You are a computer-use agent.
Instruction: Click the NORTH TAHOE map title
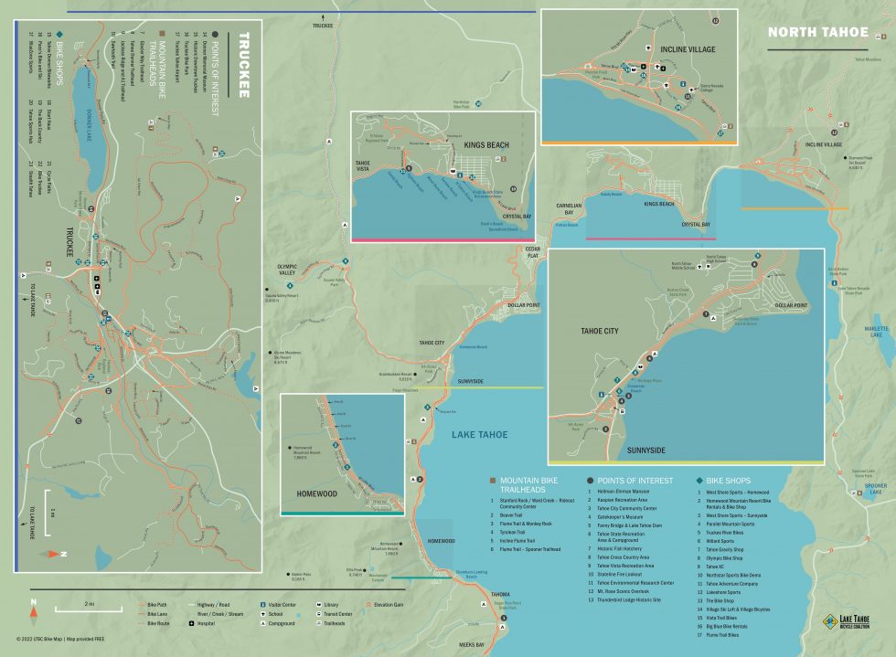[817, 32]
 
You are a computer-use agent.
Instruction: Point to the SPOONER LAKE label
[875, 488]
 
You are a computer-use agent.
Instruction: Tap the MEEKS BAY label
[476, 644]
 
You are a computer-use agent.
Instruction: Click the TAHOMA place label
[475, 594]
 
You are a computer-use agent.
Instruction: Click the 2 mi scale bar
[88, 606]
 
